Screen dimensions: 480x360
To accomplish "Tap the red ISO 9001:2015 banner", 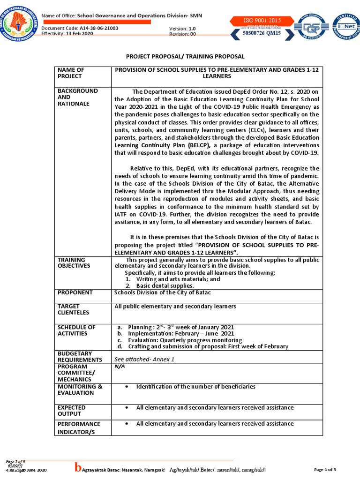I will [261, 21].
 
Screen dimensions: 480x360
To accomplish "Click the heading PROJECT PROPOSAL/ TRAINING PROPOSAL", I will [180, 56].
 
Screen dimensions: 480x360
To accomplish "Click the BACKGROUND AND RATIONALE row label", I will [77, 97].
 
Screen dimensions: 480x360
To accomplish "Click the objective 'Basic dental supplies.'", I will [165, 285].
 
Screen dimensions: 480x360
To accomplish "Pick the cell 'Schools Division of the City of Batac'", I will [163, 292].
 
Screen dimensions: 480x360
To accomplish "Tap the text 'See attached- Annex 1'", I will [144, 359].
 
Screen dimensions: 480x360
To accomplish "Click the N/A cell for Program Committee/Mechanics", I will [120, 366].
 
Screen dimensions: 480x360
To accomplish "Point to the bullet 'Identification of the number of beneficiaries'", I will [195, 386].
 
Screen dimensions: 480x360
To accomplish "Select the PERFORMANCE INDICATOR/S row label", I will [79, 427].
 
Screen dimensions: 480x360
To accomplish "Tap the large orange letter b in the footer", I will [78, 467].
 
